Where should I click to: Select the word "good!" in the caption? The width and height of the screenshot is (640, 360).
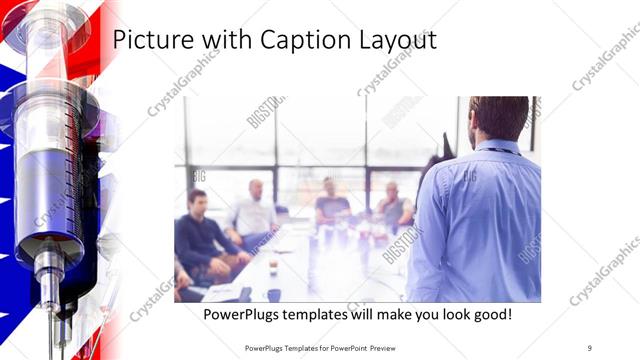tap(489, 314)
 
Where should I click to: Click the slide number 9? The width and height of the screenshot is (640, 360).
tap(589, 347)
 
